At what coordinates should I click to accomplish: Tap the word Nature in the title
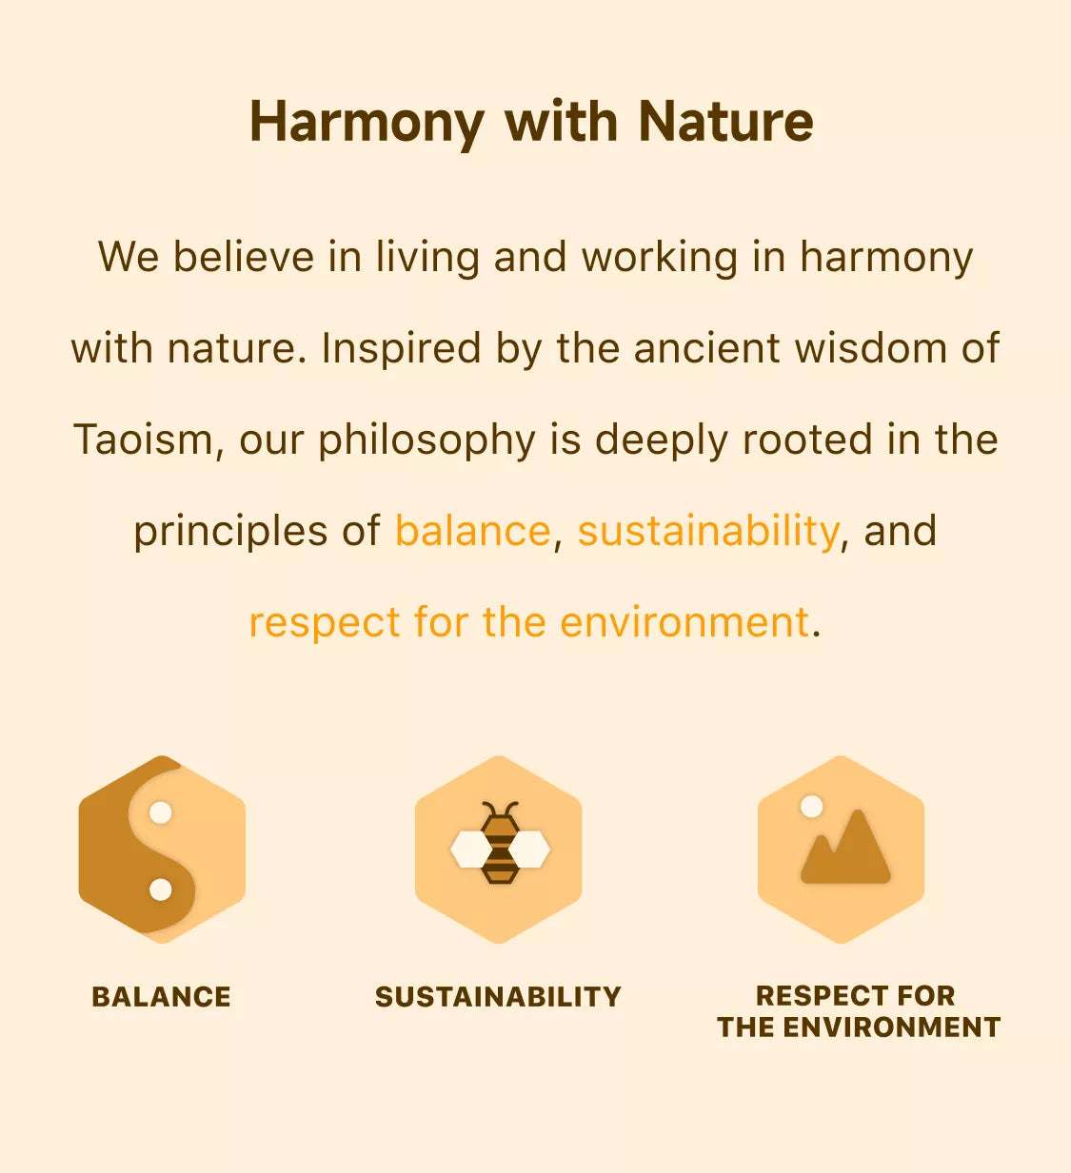pos(725,121)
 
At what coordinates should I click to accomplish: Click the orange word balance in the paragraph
pos(473,530)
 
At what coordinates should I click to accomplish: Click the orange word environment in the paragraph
pos(684,622)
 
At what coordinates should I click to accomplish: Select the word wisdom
pos(870,348)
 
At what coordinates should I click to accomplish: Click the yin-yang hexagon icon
pos(162,849)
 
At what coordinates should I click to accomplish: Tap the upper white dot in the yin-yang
pos(160,812)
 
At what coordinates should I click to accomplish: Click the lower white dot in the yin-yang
pos(160,890)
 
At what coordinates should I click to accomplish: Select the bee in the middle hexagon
pos(500,843)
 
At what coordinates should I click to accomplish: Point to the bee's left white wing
pos(470,849)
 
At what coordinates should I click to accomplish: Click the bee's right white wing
pos(529,849)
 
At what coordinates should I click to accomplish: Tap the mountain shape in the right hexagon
pos(845,848)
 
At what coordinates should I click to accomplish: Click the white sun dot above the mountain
pos(811,807)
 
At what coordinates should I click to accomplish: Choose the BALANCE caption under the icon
pos(162,997)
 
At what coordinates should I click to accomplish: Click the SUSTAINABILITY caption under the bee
pos(498,997)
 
